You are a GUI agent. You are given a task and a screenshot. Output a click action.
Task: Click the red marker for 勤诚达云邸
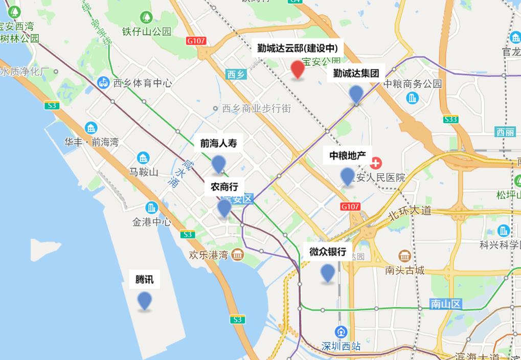pos(298,70)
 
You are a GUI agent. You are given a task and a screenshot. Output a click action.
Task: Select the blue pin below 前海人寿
pos(218,164)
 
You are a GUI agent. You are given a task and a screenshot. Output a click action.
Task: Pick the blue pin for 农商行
pos(224,208)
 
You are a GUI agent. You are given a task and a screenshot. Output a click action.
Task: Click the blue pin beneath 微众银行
pos(328,273)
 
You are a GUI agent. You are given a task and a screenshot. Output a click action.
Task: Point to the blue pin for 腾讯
pos(145,300)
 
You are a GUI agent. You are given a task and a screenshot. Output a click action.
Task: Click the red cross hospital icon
pos(376,164)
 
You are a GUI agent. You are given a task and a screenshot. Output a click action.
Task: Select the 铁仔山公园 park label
pos(146,31)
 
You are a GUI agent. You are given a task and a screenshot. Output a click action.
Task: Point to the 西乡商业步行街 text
pos(257,108)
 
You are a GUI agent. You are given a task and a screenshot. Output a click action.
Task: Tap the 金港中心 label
pos(151,222)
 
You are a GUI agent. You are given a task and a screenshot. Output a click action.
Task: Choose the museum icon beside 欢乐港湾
pos(237,254)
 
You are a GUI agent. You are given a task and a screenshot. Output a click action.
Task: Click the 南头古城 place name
pos(405,270)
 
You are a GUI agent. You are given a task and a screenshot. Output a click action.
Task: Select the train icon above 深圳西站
pos(341,331)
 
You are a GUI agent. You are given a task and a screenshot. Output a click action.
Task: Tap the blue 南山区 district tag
pos(446,304)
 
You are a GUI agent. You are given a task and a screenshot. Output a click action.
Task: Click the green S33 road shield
pos(450,119)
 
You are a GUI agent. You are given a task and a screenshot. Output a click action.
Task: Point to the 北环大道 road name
pos(410,212)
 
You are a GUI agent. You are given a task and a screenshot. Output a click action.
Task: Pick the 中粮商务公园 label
pos(413,84)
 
